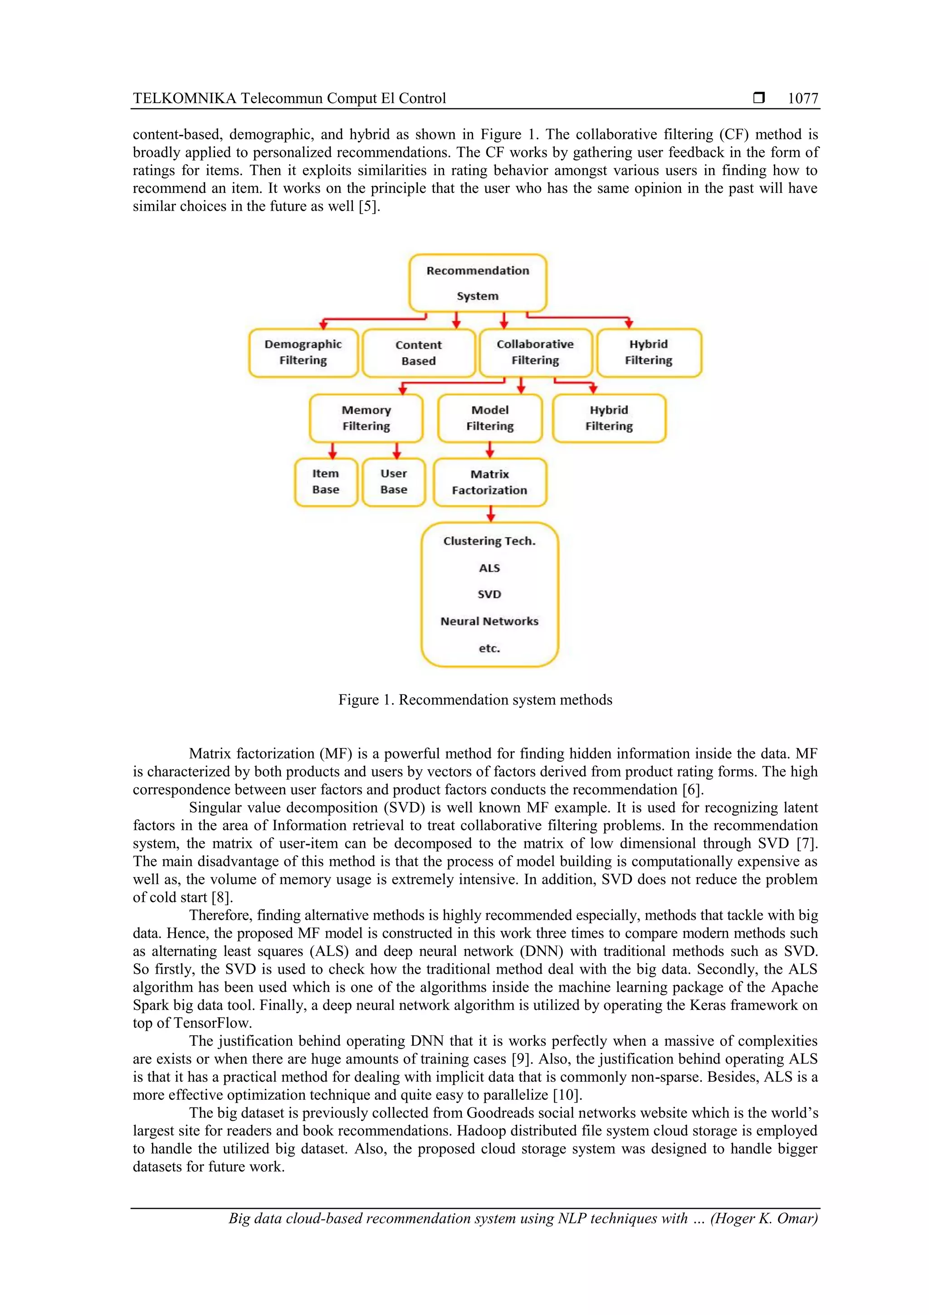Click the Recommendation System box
pyautogui.click(x=477, y=283)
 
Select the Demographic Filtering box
pyautogui.click(x=303, y=352)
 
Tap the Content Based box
pyautogui.click(x=418, y=353)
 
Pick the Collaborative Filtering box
pyautogui.click(x=535, y=352)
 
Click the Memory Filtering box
pyautogui.click(x=367, y=418)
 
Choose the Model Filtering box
pyautogui.click(x=490, y=418)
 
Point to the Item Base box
pyautogui.click(x=326, y=482)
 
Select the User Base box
pyautogui.click(x=394, y=482)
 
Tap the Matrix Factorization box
pyautogui.click(x=490, y=482)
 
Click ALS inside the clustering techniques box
pyautogui.click(x=489, y=568)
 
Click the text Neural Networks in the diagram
pyautogui.click(x=489, y=621)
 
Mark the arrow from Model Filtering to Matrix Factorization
pyautogui.click(x=490, y=450)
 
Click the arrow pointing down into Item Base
pyautogui.click(x=332, y=451)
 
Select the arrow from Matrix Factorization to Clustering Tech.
pyautogui.click(x=490, y=514)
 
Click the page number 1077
pyautogui.click(x=802, y=99)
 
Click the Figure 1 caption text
pyautogui.click(x=475, y=700)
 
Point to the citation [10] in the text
pyautogui.click(x=567, y=1095)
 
